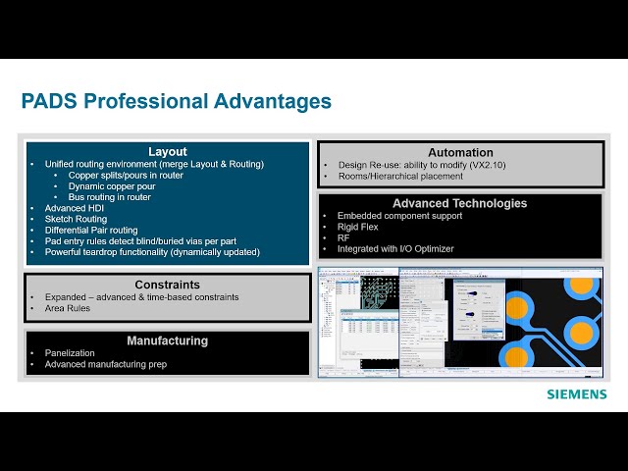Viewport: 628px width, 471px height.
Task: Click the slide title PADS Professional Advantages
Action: pos(176,101)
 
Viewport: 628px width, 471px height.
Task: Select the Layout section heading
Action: pos(168,151)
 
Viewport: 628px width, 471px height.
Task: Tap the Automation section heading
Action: pos(460,152)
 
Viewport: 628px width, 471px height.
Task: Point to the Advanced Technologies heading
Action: pos(460,203)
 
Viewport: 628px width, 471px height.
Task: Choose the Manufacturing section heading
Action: pos(168,340)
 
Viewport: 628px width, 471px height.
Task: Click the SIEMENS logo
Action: pos(577,394)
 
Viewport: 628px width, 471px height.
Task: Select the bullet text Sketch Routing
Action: pos(78,219)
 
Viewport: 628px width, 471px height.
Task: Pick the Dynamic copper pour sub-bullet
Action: pos(111,186)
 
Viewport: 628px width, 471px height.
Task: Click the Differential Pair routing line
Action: pos(91,230)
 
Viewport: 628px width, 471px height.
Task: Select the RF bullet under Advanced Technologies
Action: pos(343,237)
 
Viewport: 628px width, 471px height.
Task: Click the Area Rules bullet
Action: pos(68,308)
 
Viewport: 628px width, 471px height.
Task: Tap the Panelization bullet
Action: pos(71,353)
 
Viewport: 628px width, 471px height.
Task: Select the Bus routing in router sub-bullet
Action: pos(110,197)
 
